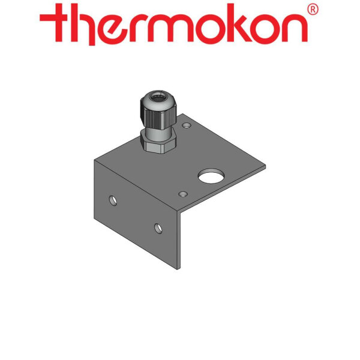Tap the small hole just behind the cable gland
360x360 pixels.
tap(186, 127)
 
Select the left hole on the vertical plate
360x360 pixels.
tap(113, 198)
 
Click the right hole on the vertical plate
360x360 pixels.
tap(158, 227)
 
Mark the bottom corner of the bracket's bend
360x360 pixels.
tap(178, 269)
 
